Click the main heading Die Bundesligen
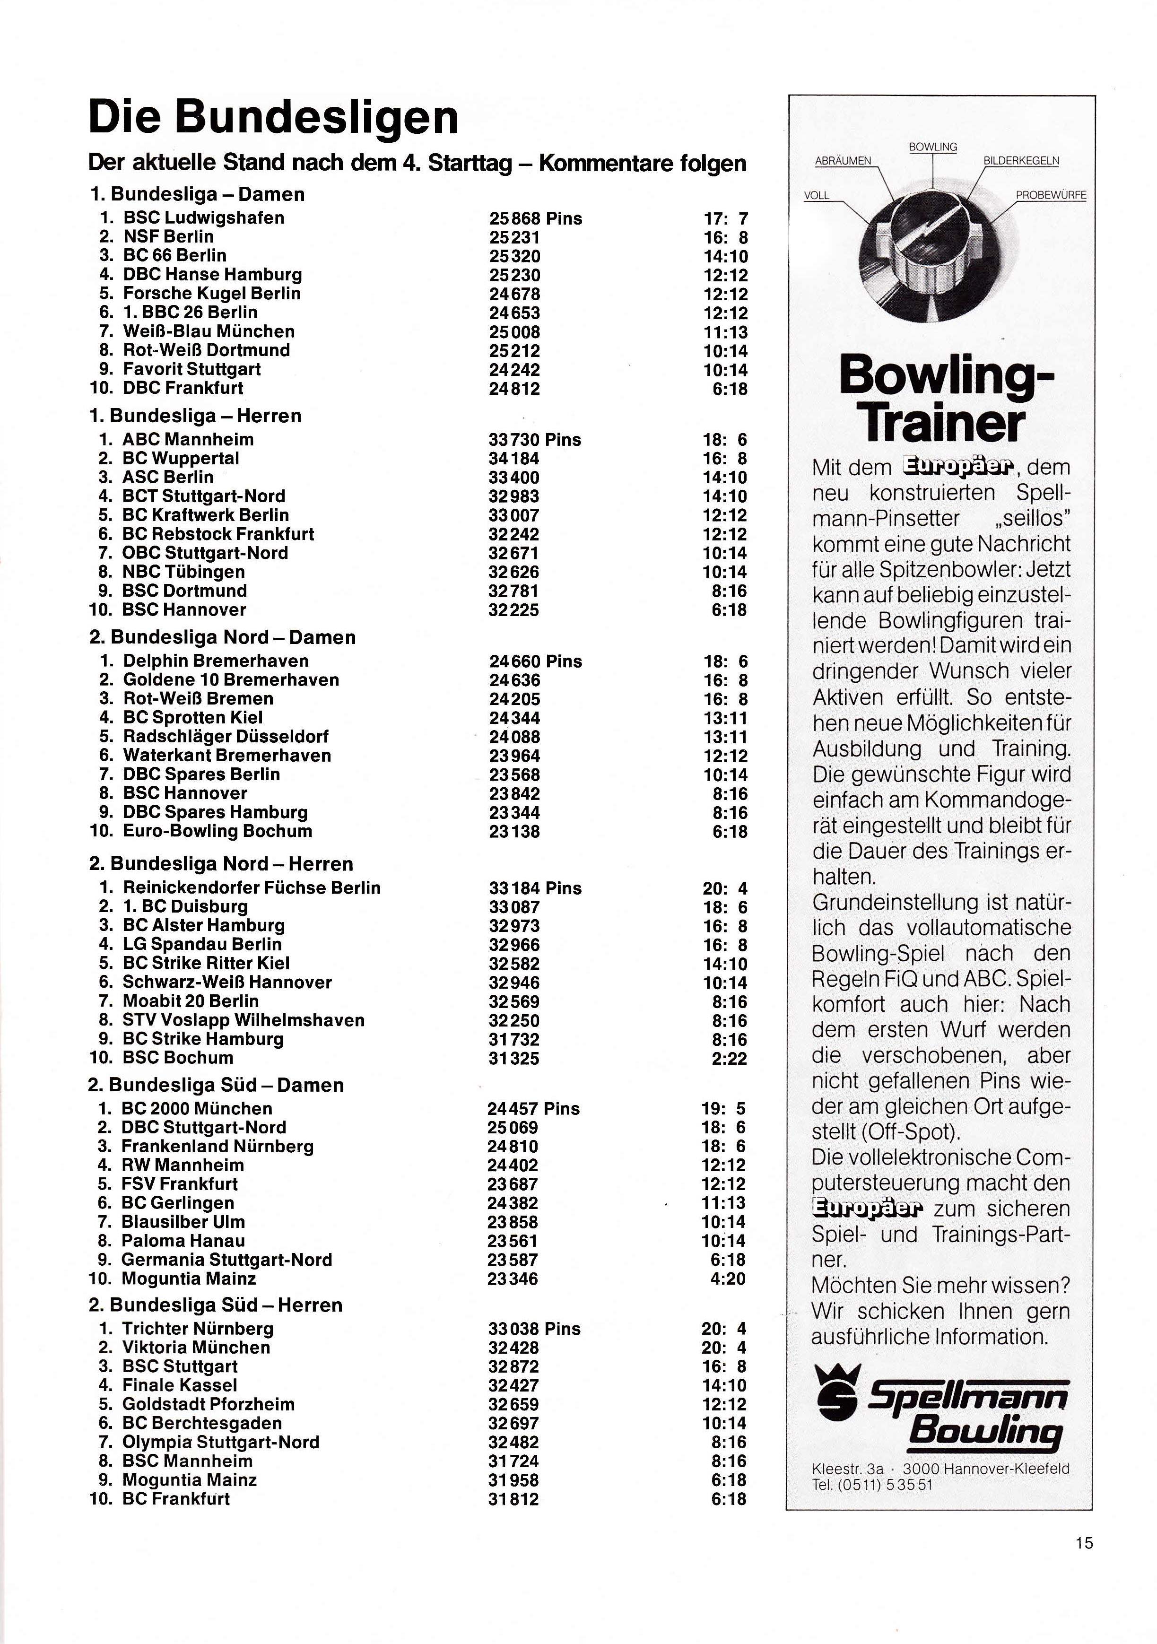point(273,117)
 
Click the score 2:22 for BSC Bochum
point(729,1058)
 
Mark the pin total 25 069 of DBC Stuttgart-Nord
point(512,1128)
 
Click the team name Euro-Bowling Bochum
point(217,831)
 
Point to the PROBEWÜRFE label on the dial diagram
point(1050,195)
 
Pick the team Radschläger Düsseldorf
point(226,736)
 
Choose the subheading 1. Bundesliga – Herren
point(195,416)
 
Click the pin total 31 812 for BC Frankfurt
point(513,1499)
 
